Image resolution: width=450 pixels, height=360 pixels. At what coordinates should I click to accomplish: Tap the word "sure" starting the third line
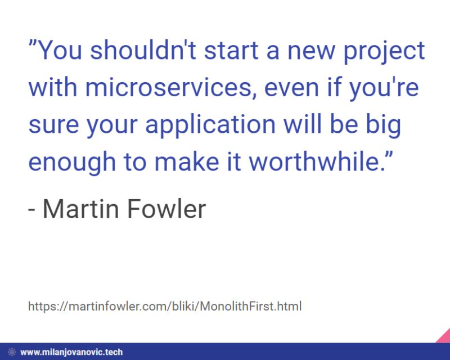point(49,126)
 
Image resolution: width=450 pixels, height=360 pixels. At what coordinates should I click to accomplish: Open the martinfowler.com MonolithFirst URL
point(164,307)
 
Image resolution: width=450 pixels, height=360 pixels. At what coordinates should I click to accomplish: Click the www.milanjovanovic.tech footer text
point(71,353)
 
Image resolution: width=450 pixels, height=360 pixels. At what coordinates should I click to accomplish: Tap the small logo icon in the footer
point(11,353)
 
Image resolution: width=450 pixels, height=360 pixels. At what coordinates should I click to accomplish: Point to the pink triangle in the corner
point(443,336)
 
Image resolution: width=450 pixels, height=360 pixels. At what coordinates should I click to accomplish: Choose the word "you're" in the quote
point(394,89)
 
